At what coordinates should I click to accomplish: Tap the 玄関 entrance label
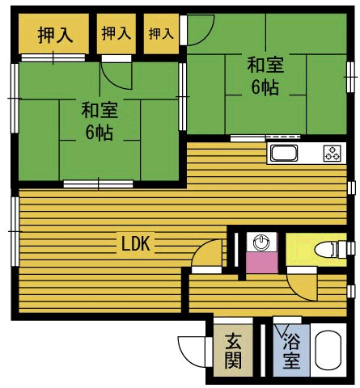click(233, 350)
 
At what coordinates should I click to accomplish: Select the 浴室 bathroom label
click(290, 352)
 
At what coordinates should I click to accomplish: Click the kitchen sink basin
click(285, 154)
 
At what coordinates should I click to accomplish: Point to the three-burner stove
click(332, 153)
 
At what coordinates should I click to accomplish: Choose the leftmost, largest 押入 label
click(53, 35)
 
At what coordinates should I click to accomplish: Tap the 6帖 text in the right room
click(264, 87)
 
